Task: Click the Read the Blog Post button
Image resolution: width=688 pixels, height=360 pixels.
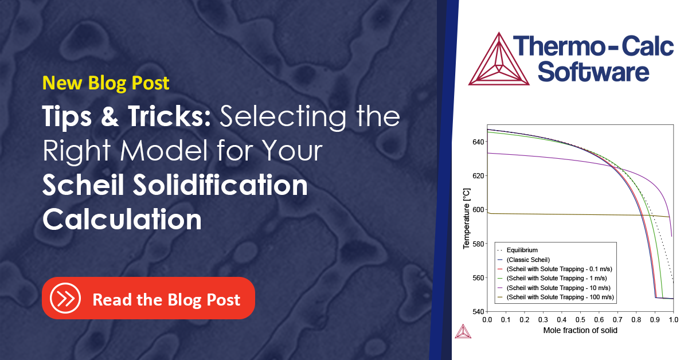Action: click(x=148, y=298)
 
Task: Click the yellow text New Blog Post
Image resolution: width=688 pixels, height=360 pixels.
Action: click(x=106, y=83)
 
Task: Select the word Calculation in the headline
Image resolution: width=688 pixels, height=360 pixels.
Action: click(x=122, y=220)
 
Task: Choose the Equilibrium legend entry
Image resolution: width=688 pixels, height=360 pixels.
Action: click(x=522, y=250)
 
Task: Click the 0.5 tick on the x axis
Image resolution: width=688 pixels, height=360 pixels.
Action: click(x=580, y=319)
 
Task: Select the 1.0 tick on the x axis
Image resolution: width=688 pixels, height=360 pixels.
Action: click(x=673, y=319)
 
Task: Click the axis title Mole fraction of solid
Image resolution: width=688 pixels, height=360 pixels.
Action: click(x=580, y=331)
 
